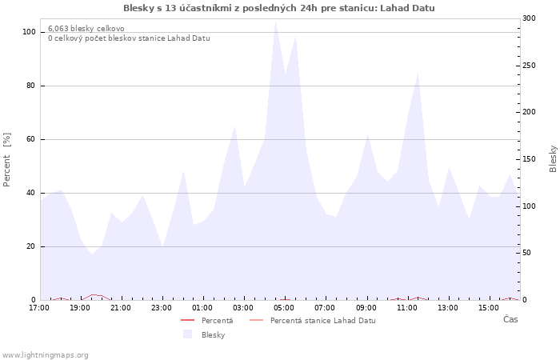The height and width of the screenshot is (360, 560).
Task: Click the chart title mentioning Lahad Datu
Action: [279, 8]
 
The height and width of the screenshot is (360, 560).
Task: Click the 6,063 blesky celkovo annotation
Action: [86, 29]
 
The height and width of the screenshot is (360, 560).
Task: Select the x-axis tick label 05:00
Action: [284, 308]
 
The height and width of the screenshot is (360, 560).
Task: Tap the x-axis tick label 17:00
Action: [39, 308]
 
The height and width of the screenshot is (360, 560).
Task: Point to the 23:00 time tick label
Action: [162, 308]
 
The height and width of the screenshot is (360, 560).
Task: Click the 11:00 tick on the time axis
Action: [406, 308]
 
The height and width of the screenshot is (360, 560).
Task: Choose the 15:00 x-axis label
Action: [488, 308]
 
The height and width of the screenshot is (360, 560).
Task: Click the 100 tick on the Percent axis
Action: [29, 32]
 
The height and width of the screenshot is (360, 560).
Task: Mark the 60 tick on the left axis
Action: [30, 139]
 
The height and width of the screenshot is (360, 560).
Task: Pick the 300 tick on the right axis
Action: [529, 18]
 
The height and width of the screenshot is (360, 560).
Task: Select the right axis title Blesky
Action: [553, 158]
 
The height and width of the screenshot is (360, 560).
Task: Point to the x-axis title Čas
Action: [510, 320]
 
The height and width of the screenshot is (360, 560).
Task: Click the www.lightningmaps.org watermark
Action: [45, 355]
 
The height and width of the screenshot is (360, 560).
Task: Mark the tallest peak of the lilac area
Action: [276, 22]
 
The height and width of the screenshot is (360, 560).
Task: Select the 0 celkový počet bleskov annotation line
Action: [129, 38]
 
